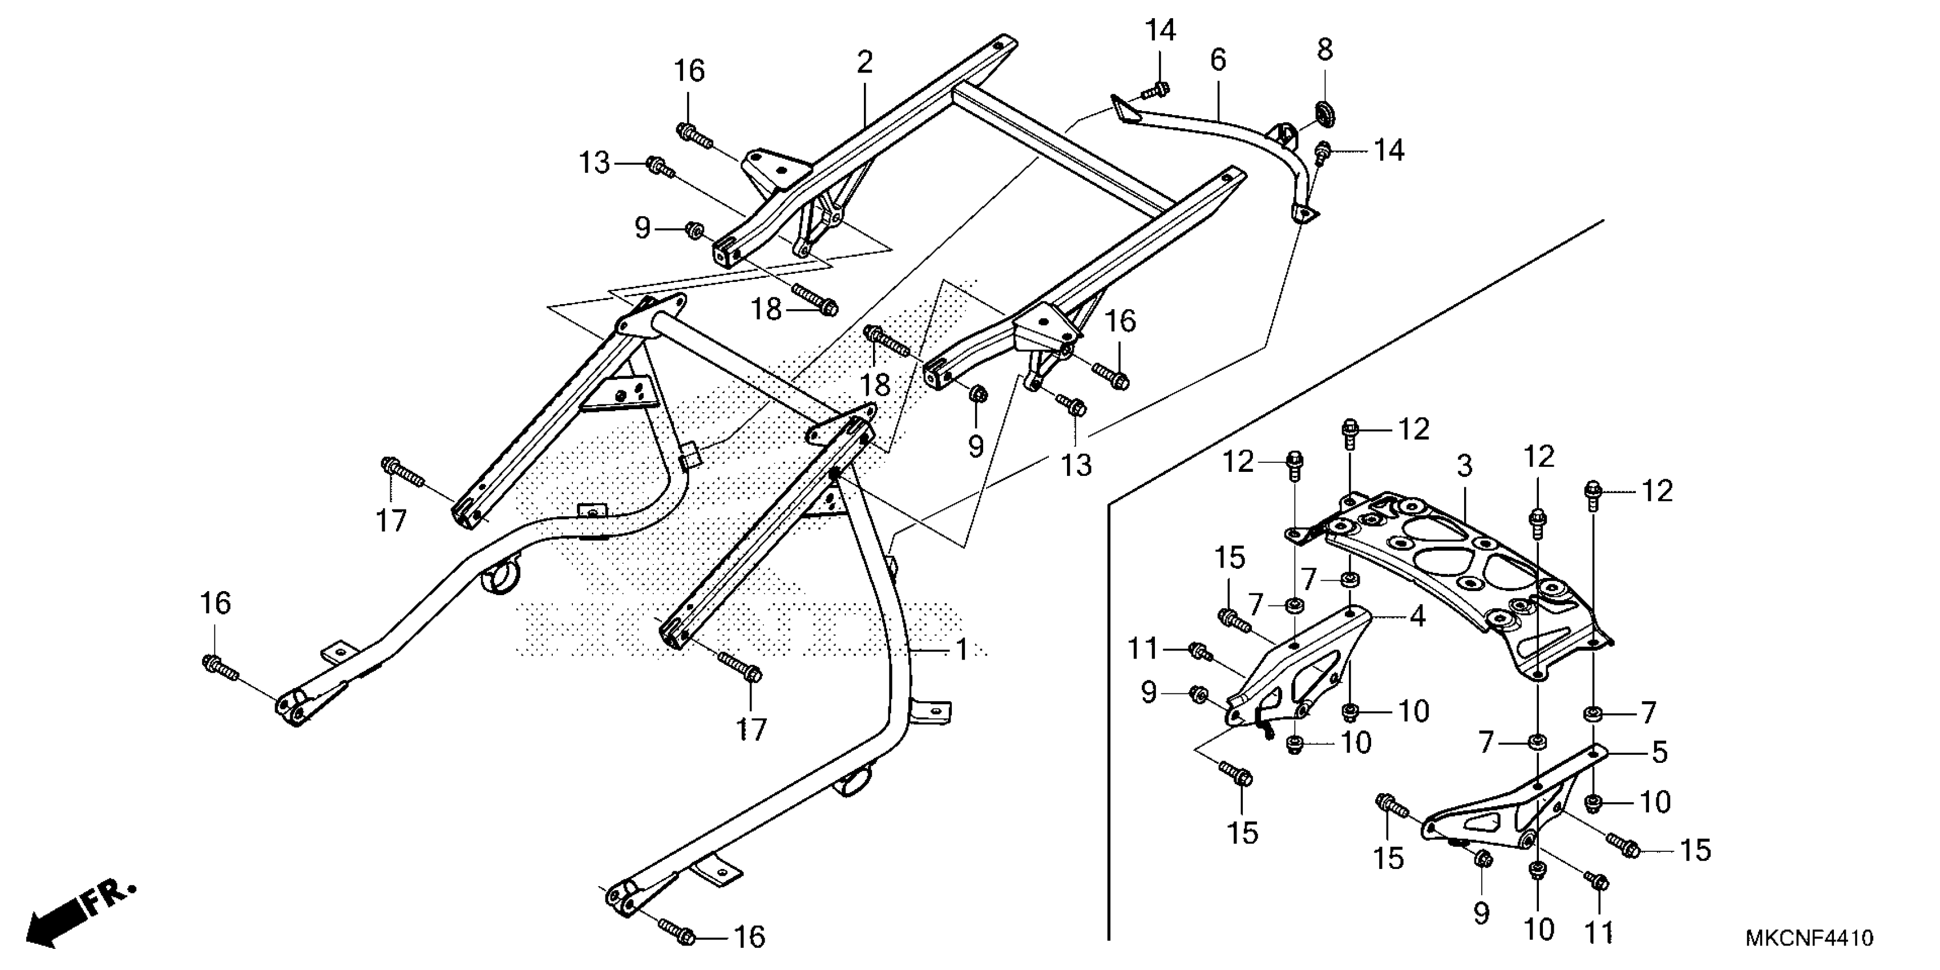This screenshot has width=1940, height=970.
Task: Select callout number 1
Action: [x=961, y=649]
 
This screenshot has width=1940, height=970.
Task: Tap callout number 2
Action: [x=864, y=62]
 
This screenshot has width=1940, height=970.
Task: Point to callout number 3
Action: [x=1464, y=466]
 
